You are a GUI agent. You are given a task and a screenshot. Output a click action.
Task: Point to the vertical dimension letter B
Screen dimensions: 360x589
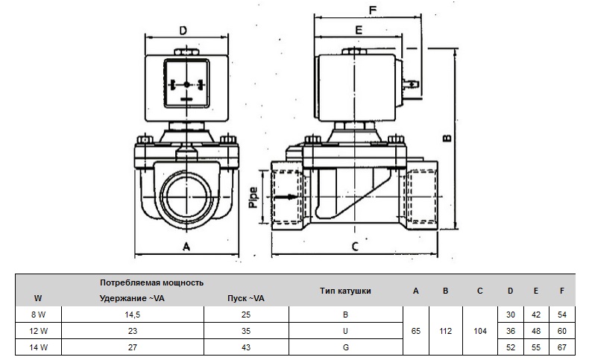(446, 137)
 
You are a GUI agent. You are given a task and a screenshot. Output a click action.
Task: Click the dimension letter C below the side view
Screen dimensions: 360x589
(356, 246)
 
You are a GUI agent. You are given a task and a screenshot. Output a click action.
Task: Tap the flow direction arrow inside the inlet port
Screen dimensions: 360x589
(284, 198)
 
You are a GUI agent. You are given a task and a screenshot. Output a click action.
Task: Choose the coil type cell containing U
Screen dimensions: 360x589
(344, 331)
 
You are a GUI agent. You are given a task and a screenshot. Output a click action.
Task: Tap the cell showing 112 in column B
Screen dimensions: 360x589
(445, 331)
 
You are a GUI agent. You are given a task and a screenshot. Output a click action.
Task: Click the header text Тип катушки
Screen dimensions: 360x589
(344, 291)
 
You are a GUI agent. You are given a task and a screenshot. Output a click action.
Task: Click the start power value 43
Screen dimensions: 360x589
(246, 347)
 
